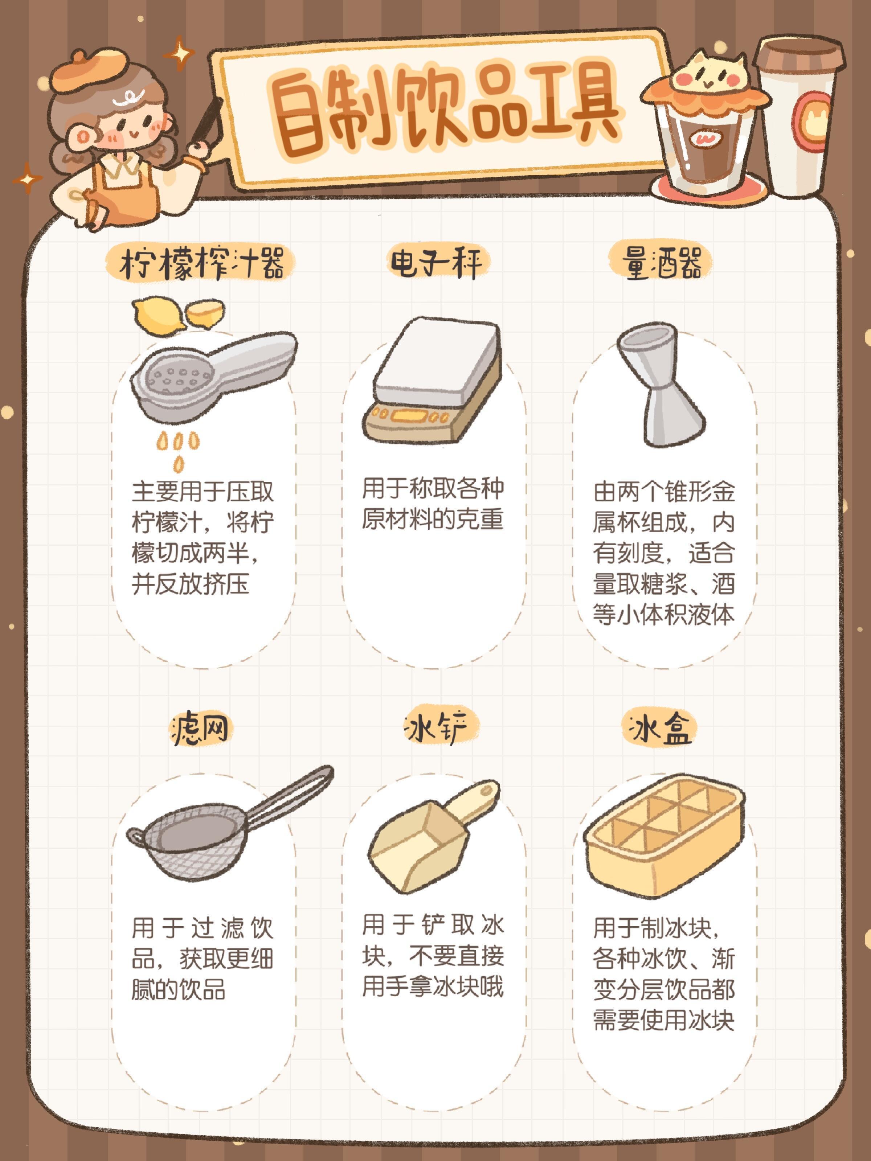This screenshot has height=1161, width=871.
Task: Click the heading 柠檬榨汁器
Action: click(x=202, y=263)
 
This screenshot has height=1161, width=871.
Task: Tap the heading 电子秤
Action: click(x=435, y=262)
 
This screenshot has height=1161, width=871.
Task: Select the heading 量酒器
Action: click(x=662, y=262)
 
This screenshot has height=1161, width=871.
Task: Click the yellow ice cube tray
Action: click(x=665, y=837)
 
